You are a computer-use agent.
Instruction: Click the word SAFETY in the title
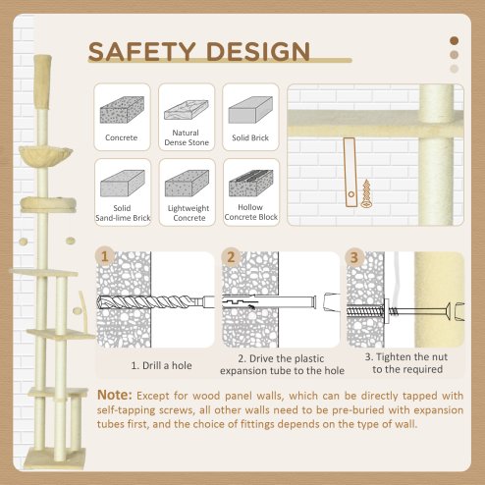(x=140, y=51)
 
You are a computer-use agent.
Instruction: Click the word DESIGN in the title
(x=254, y=51)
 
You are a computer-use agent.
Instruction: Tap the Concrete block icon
(x=121, y=106)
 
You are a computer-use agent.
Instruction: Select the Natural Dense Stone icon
(x=187, y=106)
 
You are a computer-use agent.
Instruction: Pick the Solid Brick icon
(x=251, y=106)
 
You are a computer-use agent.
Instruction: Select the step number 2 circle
(x=231, y=259)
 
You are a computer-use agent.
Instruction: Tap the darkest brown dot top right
(x=454, y=40)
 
